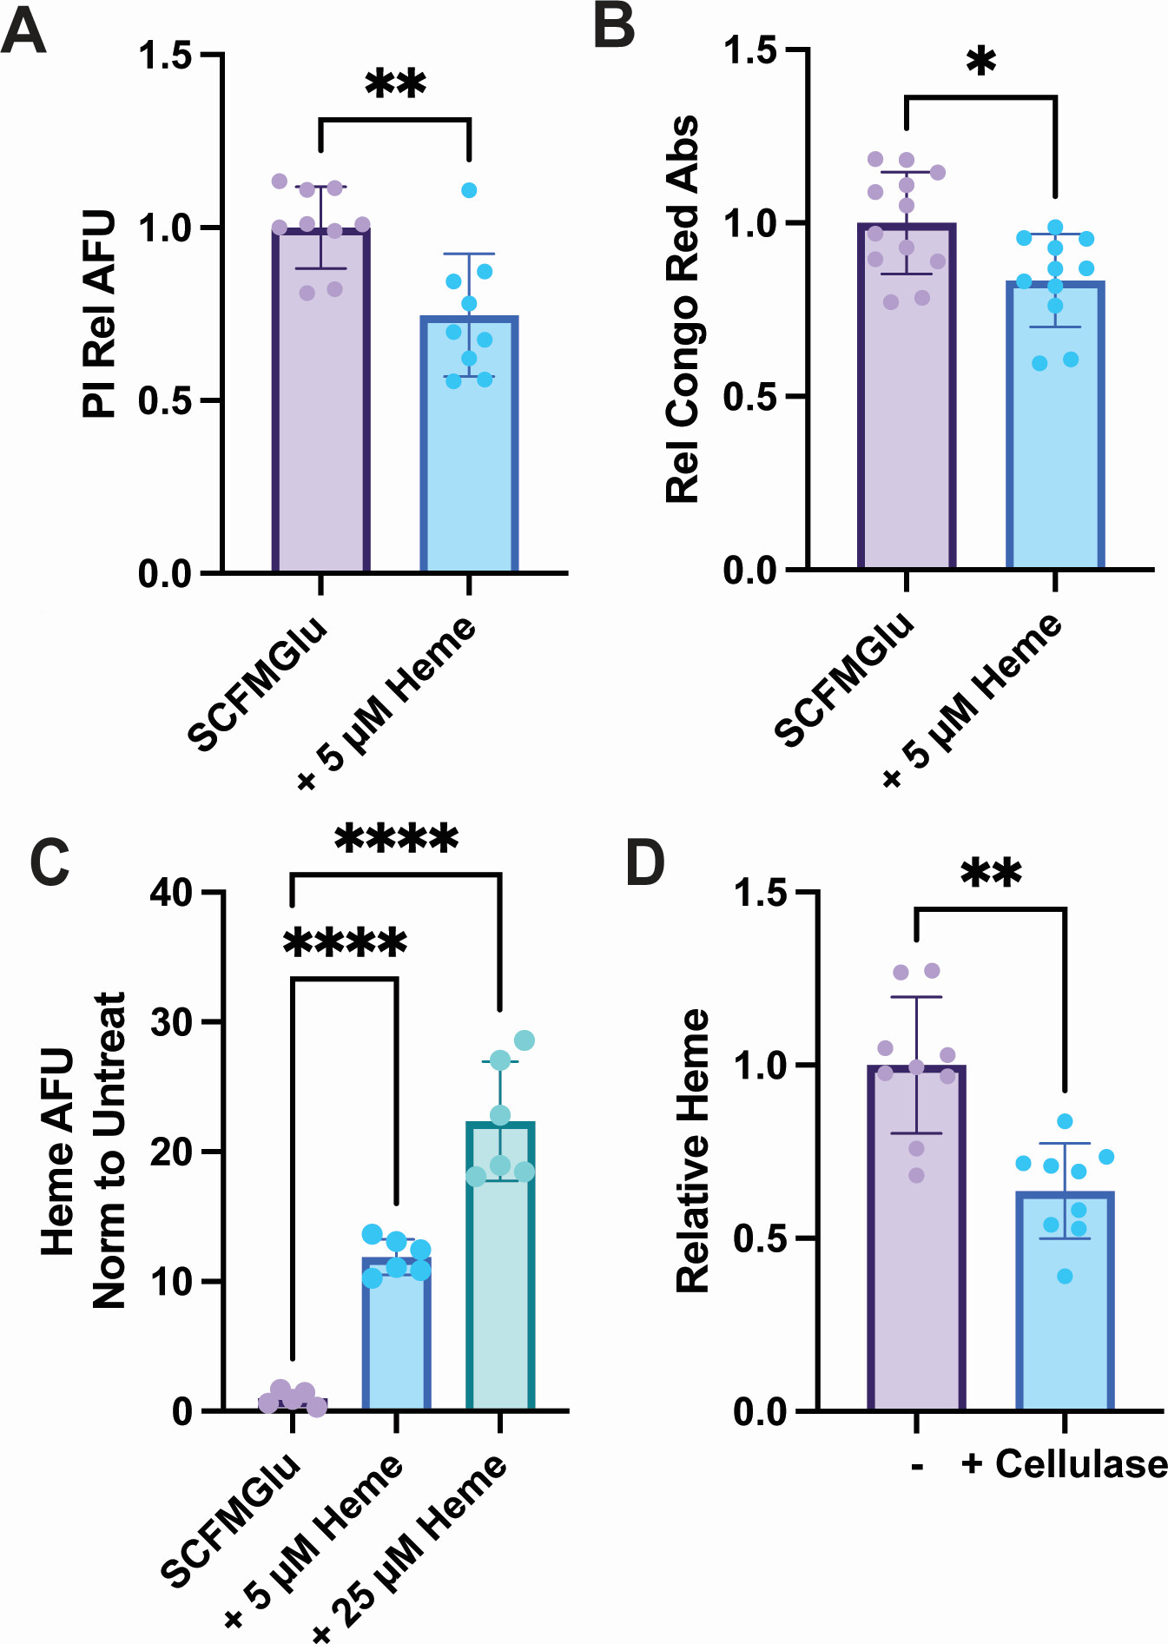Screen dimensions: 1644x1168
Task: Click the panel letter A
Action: (23, 32)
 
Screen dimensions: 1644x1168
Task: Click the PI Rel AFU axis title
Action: (99, 314)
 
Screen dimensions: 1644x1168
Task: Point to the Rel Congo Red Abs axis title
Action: (683, 309)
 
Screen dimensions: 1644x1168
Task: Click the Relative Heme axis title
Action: (692, 1151)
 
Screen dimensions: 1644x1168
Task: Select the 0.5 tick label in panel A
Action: (165, 400)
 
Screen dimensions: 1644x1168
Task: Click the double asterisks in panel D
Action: (991, 874)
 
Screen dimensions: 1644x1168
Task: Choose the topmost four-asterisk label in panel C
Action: (396, 839)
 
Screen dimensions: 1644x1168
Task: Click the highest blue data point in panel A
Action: (469, 190)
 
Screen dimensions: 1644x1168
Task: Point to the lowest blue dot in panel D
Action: (1065, 1276)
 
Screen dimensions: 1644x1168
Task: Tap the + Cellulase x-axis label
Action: (1065, 1464)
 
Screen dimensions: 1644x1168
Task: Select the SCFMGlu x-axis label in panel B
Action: (844, 679)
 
